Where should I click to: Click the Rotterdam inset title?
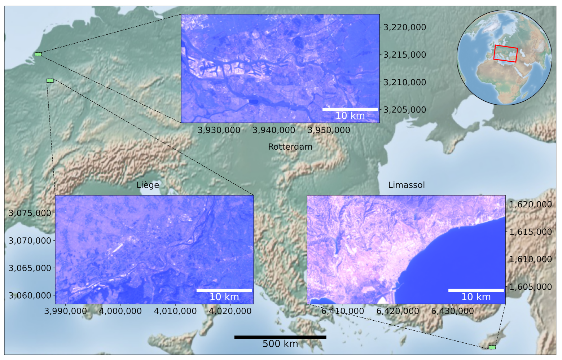(x=290, y=147)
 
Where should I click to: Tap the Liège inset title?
(x=148, y=185)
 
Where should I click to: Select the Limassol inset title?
(x=406, y=185)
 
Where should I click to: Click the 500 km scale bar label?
(x=280, y=344)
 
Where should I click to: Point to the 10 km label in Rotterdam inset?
(x=350, y=116)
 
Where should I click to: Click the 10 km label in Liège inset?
(x=224, y=297)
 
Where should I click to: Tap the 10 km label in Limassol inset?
(x=476, y=297)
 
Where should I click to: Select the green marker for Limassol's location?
(x=492, y=347)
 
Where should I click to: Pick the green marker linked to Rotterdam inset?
(x=38, y=54)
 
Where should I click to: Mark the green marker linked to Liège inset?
(x=50, y=80)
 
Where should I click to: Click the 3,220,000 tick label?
(x=404, y=27)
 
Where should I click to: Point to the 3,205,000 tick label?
(x=404, y=110)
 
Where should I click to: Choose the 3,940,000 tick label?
(x=274, y=130)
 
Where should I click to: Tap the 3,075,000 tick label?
(x=30, y=213)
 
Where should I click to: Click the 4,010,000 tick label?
(x=175, y=311)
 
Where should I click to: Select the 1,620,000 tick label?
(x=530, y=205)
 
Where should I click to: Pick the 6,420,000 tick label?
(x=398, y=311)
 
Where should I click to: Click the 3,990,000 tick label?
(x=66, y=311)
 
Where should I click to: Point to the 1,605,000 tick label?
(x=530, y=287)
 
